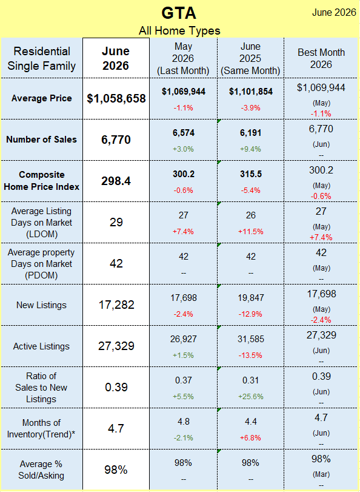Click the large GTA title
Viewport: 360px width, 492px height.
179,13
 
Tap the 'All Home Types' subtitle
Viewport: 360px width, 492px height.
179,31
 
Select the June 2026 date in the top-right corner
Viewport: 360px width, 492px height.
335,12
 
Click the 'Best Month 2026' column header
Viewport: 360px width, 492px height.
321,58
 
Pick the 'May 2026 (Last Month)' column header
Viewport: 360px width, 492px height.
183,58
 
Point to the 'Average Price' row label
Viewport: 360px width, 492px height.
42,98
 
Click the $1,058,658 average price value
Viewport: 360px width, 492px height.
116,98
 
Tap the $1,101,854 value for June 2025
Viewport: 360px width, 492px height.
251,92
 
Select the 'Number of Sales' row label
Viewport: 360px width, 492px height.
41,140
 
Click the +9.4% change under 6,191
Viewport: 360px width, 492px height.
250,149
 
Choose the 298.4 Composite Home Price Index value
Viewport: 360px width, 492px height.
116,181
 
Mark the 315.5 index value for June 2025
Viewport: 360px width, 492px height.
251,174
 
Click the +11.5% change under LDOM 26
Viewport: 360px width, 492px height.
251,232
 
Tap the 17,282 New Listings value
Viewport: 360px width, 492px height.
116,305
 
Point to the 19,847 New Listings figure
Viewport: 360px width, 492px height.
251,297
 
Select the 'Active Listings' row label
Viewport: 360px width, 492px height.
41,346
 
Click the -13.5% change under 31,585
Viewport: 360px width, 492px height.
250,355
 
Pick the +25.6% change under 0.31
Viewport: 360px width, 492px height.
251,397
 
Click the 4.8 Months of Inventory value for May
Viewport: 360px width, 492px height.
184,422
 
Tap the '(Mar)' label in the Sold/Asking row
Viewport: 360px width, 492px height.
321,474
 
